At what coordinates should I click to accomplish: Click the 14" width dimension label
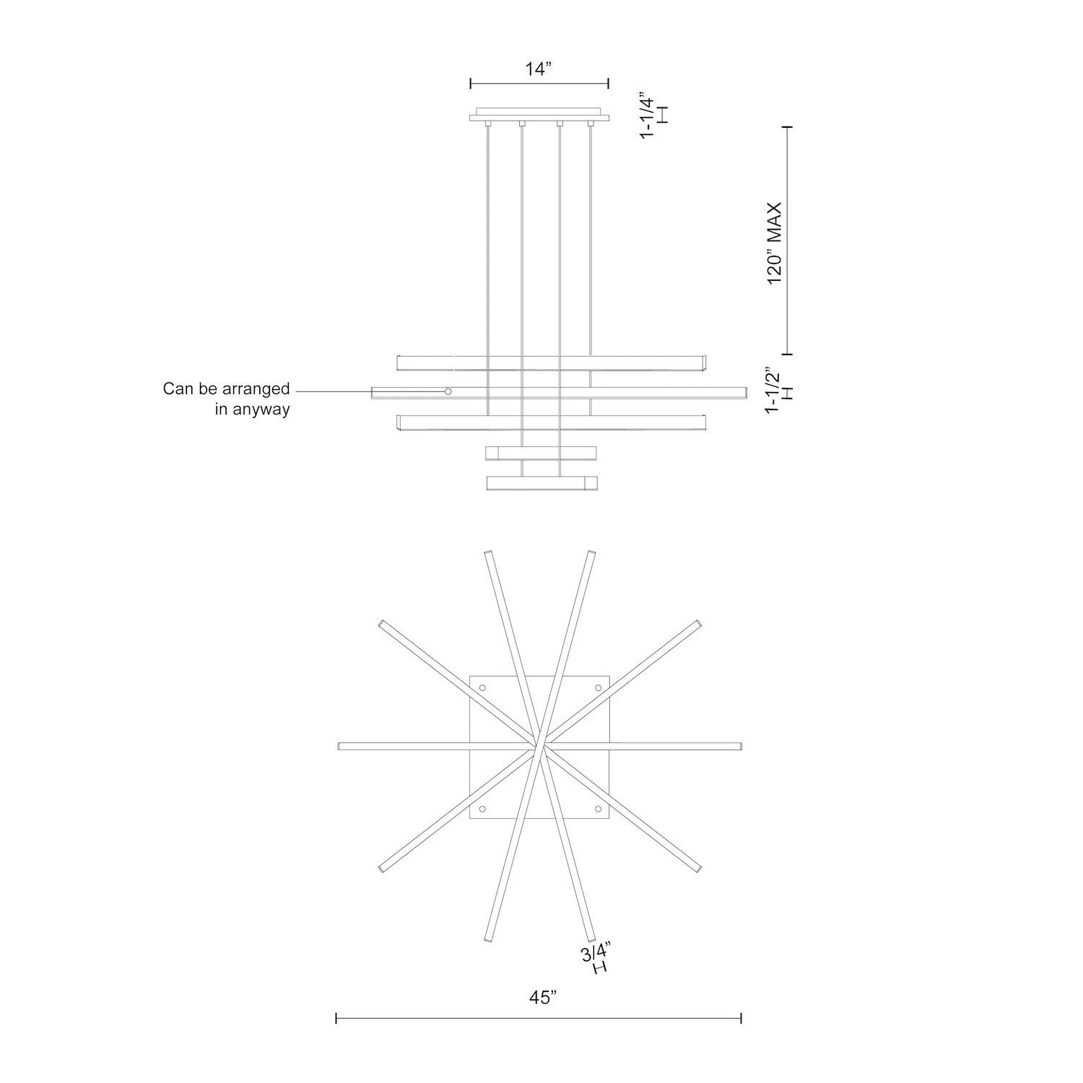(539, 69)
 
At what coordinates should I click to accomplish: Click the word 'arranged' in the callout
(254, 389)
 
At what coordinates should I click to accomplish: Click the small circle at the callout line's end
(448, 391)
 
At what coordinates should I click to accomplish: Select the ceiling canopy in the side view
(539, 117)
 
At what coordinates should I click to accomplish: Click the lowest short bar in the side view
(541, 483)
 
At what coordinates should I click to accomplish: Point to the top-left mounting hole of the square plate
(483, 688)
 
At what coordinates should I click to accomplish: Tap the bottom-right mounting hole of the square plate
(598, 808)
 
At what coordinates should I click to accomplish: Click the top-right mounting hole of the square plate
(598, 688)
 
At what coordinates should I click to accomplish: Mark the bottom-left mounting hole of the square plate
(483, 808)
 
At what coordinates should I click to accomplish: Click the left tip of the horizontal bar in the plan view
(340, 746)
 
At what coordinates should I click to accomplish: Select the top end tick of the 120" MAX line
(788, 127)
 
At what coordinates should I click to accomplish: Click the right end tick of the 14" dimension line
(608, 83)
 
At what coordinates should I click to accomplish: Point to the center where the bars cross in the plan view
(541, 746)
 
